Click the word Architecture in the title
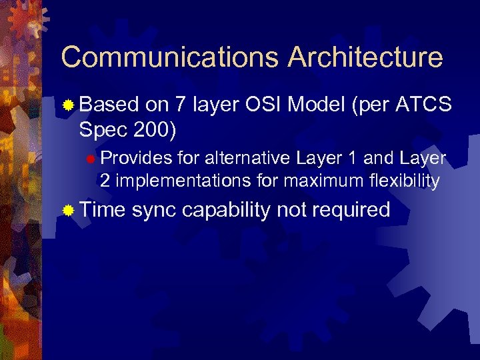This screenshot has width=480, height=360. tap(365, 58)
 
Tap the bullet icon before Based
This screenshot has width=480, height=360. tap(67, 105)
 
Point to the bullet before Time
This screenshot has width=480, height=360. tap(67, 211)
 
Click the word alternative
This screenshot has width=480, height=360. tap(248, 158)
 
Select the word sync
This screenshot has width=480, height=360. tap(154, 211)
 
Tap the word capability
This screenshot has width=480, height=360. tap(226, 211)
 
